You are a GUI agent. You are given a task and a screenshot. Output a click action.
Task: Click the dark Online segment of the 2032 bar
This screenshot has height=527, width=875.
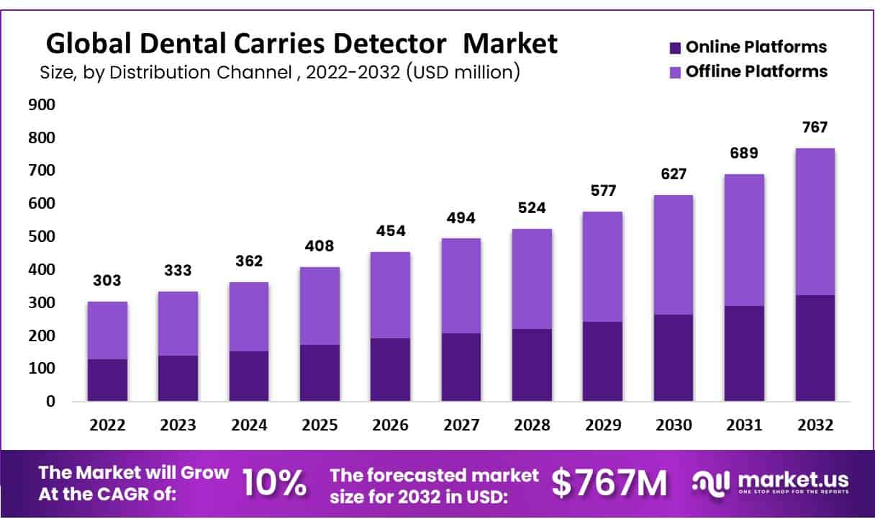coord(815,348)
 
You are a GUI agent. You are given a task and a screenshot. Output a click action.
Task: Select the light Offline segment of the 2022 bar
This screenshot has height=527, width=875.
coord(107,330)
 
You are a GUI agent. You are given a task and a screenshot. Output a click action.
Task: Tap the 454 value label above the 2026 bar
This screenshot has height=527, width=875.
coord(391,231)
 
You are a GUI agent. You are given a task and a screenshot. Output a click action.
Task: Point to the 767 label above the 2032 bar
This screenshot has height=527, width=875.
coord(815,127)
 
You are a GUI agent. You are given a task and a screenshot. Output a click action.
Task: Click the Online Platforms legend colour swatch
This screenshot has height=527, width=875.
coord(674,48)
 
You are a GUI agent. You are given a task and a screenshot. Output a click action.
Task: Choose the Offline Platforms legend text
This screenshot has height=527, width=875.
coord(756,71)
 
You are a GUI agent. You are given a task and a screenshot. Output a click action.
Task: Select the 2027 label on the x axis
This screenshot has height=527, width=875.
coord(461,425)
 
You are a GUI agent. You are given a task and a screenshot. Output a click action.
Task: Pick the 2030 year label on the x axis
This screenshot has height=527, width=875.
coord(673,425)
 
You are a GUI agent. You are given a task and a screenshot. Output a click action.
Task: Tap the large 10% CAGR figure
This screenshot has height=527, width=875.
coord(274,483)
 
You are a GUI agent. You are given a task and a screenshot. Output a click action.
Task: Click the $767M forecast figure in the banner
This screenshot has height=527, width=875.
coord(609,483)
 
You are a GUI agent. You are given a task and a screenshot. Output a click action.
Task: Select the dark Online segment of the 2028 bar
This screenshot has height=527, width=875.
coord(532,365)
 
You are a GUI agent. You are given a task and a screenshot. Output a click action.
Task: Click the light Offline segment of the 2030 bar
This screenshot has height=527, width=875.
coord(673,255)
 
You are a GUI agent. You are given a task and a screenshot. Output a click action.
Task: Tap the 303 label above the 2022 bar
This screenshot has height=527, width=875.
coord(107,281)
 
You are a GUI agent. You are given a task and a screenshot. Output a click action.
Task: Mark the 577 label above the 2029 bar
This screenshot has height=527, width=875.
coord(602,191)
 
